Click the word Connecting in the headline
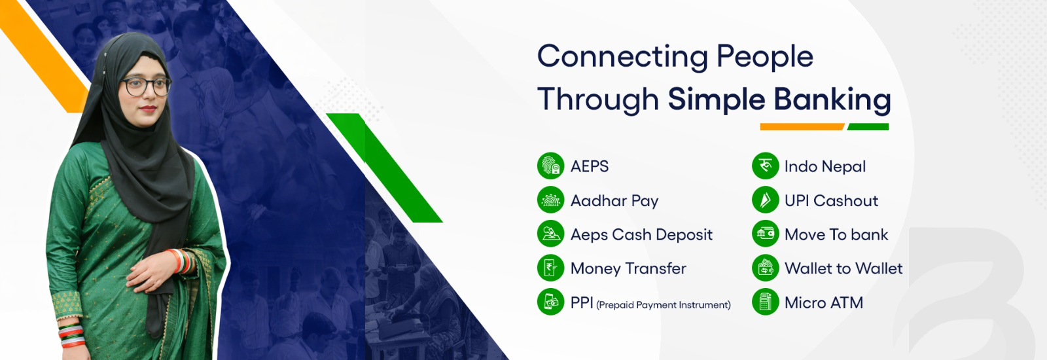pyautogui.click(x=622, y=58)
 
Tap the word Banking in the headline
pyautogui.click(x=832, y=100)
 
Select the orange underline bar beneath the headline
pyautogui.click(x=802, y=127)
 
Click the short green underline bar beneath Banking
pyautogui.click(x=868, y=127)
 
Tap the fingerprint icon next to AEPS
pyautogui.click(x=550, y=166)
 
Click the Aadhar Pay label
pyautogui.click(x=614, y=201)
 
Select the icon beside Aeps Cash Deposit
pyautogui.click(x=550, y=234)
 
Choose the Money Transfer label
pyautogui.click(x=628, y=268)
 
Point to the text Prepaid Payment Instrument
pyautogui.click(x=664, y=305)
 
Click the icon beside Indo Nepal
pyautogui.click(x=765, y=166)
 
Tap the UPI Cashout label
pyautogui.click(x=831, y=200)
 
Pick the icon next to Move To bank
pyautogui.click(x=765, y=234)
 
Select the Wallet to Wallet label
pyautogui.click(x=843, y=268)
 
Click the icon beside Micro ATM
pyautogui.click(x=765, y=302)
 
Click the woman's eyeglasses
pyautogui.click(x=147, y=86)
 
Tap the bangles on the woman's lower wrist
pyautogui.click(x=72, y=336)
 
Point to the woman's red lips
pyautogui.click(x=148, y=109)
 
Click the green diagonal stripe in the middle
pyautogui.click(x=384, y=168)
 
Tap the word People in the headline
pyautogui.click(x=765, y=58)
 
